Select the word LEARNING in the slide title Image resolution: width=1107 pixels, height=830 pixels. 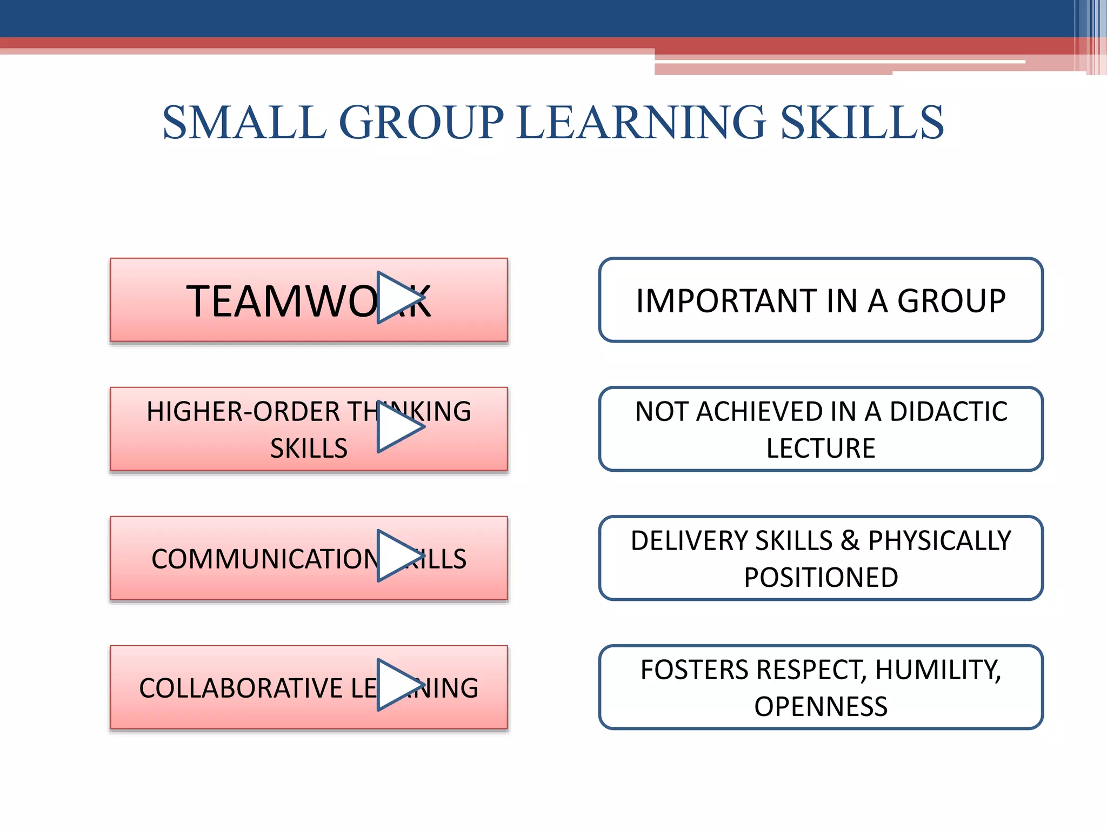(x=641, y=123)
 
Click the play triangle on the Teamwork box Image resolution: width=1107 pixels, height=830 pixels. (x=399, y=298)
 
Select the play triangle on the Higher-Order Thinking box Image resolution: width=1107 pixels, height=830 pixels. (x=399, y=427)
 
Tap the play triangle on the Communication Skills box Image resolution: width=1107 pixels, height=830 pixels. (x=399, y=556)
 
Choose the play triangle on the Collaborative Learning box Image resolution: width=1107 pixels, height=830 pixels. (x=399, y=685)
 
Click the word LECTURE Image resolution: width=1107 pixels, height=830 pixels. (x=821, y=449)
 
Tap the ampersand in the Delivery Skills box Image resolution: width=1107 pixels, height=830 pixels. (x=850, y=541)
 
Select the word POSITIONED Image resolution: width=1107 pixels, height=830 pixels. (x=821, y=578)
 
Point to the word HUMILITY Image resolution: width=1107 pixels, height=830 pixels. (x=938, y=670)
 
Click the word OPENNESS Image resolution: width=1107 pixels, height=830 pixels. (x=821, y=707)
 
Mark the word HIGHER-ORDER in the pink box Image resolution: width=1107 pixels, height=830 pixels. (x=243, y=412)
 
